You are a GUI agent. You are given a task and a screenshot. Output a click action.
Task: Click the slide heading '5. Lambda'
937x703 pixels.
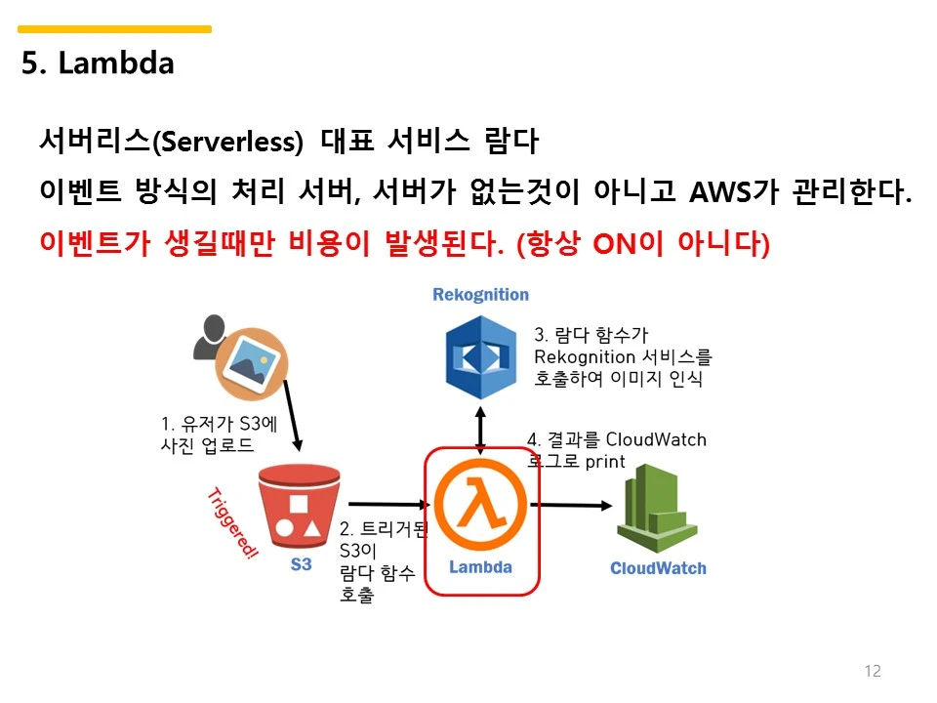coord(98,63)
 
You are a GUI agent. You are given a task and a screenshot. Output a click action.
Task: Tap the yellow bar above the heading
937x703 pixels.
coord(115,29)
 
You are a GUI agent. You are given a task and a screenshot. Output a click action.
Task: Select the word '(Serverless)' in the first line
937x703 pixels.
coord(227,142)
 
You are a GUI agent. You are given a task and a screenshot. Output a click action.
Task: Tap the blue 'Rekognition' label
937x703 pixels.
coord(480,295)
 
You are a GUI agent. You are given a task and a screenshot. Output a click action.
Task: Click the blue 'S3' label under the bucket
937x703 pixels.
coord(302,564)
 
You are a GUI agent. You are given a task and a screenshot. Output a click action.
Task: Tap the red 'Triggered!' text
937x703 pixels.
coord(234,523)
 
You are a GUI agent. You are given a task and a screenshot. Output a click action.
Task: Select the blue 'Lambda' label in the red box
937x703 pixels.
coord(480,567)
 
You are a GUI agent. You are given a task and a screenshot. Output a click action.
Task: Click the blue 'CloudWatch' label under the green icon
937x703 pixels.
coord(658,568)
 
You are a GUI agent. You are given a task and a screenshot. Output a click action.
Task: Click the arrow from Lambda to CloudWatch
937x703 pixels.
coord(571,505)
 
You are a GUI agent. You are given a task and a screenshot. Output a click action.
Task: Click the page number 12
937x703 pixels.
coord(873,671)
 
